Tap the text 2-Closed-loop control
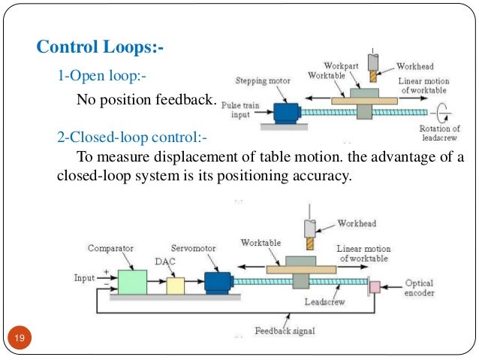coord(131,138)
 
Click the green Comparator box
coord(133,282)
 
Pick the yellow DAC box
coord(175,285)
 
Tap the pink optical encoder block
coord(375,287)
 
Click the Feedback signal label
coord(285,331)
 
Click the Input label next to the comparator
coord(84,277)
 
